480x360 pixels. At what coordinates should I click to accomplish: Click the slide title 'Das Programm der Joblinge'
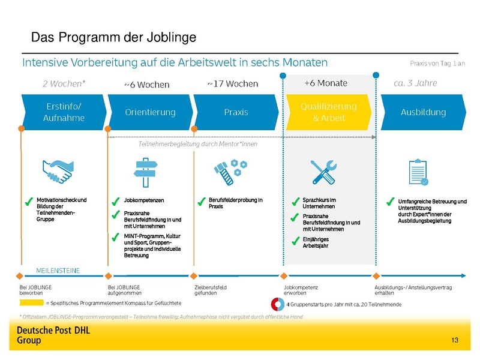click(113, 38)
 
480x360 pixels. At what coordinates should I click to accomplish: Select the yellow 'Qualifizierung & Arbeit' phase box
click(328, 112)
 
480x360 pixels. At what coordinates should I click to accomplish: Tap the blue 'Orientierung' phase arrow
click(150, 112)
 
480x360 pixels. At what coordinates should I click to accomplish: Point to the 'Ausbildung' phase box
click(423, 112)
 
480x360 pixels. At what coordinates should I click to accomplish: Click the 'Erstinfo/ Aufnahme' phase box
click(64, 112)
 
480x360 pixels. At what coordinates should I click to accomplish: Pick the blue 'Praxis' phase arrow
click(236, 112)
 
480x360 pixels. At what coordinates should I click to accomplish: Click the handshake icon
click(58, 172)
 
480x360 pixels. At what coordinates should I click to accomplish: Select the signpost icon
click(145, 172)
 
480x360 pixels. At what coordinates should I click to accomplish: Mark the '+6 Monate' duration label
click(325, 83)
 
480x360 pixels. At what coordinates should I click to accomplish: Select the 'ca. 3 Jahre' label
click(415, 83)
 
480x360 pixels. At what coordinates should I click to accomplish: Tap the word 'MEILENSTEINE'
click(58, 270)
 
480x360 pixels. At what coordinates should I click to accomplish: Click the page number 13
click(454, 341)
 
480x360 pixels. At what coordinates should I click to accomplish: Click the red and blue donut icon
click(278, 304)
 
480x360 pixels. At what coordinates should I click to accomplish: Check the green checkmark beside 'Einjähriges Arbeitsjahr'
click(295, 242)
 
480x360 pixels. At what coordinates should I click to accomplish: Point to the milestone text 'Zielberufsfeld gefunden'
click(211, 290)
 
